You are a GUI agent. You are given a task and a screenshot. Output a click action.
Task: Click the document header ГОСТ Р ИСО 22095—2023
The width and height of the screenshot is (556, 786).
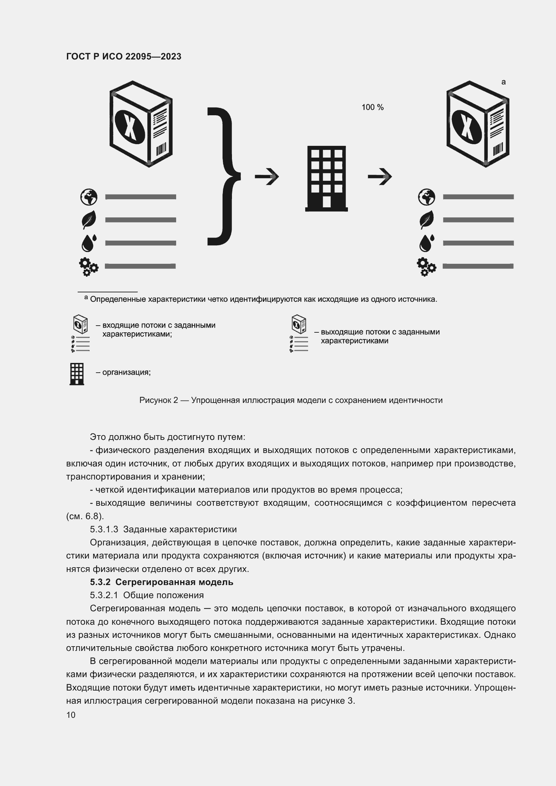(x=124, y=56)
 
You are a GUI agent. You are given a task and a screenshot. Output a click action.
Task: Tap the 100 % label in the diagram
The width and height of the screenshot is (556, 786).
(x=372, y=107)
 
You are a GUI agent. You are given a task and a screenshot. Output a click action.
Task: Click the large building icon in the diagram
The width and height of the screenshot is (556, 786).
(x=326, y=178)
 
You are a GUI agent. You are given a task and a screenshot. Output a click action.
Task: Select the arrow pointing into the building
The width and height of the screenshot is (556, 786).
(x=267, y=177)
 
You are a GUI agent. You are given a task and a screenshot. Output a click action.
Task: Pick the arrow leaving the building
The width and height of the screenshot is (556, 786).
(x=380, y=177)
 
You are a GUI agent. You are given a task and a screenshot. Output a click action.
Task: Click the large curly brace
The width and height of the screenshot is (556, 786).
(x=223, y=177)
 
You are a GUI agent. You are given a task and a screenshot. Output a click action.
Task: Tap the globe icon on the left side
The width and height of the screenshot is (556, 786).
(x=89, y=197)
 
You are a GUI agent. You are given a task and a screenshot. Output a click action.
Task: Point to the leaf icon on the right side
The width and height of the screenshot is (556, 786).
(x=427, y=219)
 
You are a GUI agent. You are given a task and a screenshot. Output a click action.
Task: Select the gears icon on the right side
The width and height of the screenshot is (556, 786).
(x=426, y=266)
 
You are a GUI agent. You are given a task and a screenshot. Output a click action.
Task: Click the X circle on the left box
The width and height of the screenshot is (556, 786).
(x=129, y=127)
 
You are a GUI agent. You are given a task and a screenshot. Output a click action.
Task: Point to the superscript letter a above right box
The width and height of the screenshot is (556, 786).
(x=503, y=82)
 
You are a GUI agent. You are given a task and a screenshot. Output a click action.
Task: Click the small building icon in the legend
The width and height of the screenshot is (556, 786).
(x=77, y=374)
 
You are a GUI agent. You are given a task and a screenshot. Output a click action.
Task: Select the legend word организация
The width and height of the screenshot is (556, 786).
(x=126, y=372)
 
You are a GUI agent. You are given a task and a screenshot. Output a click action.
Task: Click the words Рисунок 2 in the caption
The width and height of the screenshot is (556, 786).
(x=159, y=400)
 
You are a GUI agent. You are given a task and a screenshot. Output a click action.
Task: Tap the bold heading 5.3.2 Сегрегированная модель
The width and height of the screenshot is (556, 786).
(x=162, y=582)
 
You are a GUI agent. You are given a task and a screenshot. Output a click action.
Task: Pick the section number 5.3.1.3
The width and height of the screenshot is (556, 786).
(x=104, y=529)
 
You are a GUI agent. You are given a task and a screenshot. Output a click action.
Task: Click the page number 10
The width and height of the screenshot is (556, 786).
(x=71, y=715)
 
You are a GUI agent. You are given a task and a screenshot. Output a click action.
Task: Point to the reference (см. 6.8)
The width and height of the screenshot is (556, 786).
(x=85, y=516)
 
